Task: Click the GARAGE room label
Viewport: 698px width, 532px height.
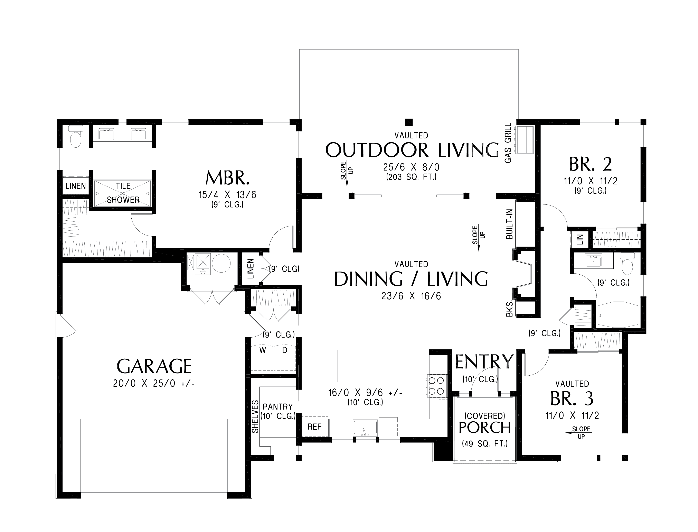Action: click(x=154, y=366)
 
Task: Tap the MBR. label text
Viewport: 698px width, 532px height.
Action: click(x=227, y=178)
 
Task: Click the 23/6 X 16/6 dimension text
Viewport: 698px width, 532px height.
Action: click(x=411, y=296)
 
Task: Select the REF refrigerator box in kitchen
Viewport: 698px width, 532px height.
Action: click(x=314, y=427)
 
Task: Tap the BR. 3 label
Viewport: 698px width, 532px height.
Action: click(x=572, y=399)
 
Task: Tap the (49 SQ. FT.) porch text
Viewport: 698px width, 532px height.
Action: click(x=485, y=444)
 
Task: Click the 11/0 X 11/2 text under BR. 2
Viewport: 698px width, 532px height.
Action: click(x=591, y=181)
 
